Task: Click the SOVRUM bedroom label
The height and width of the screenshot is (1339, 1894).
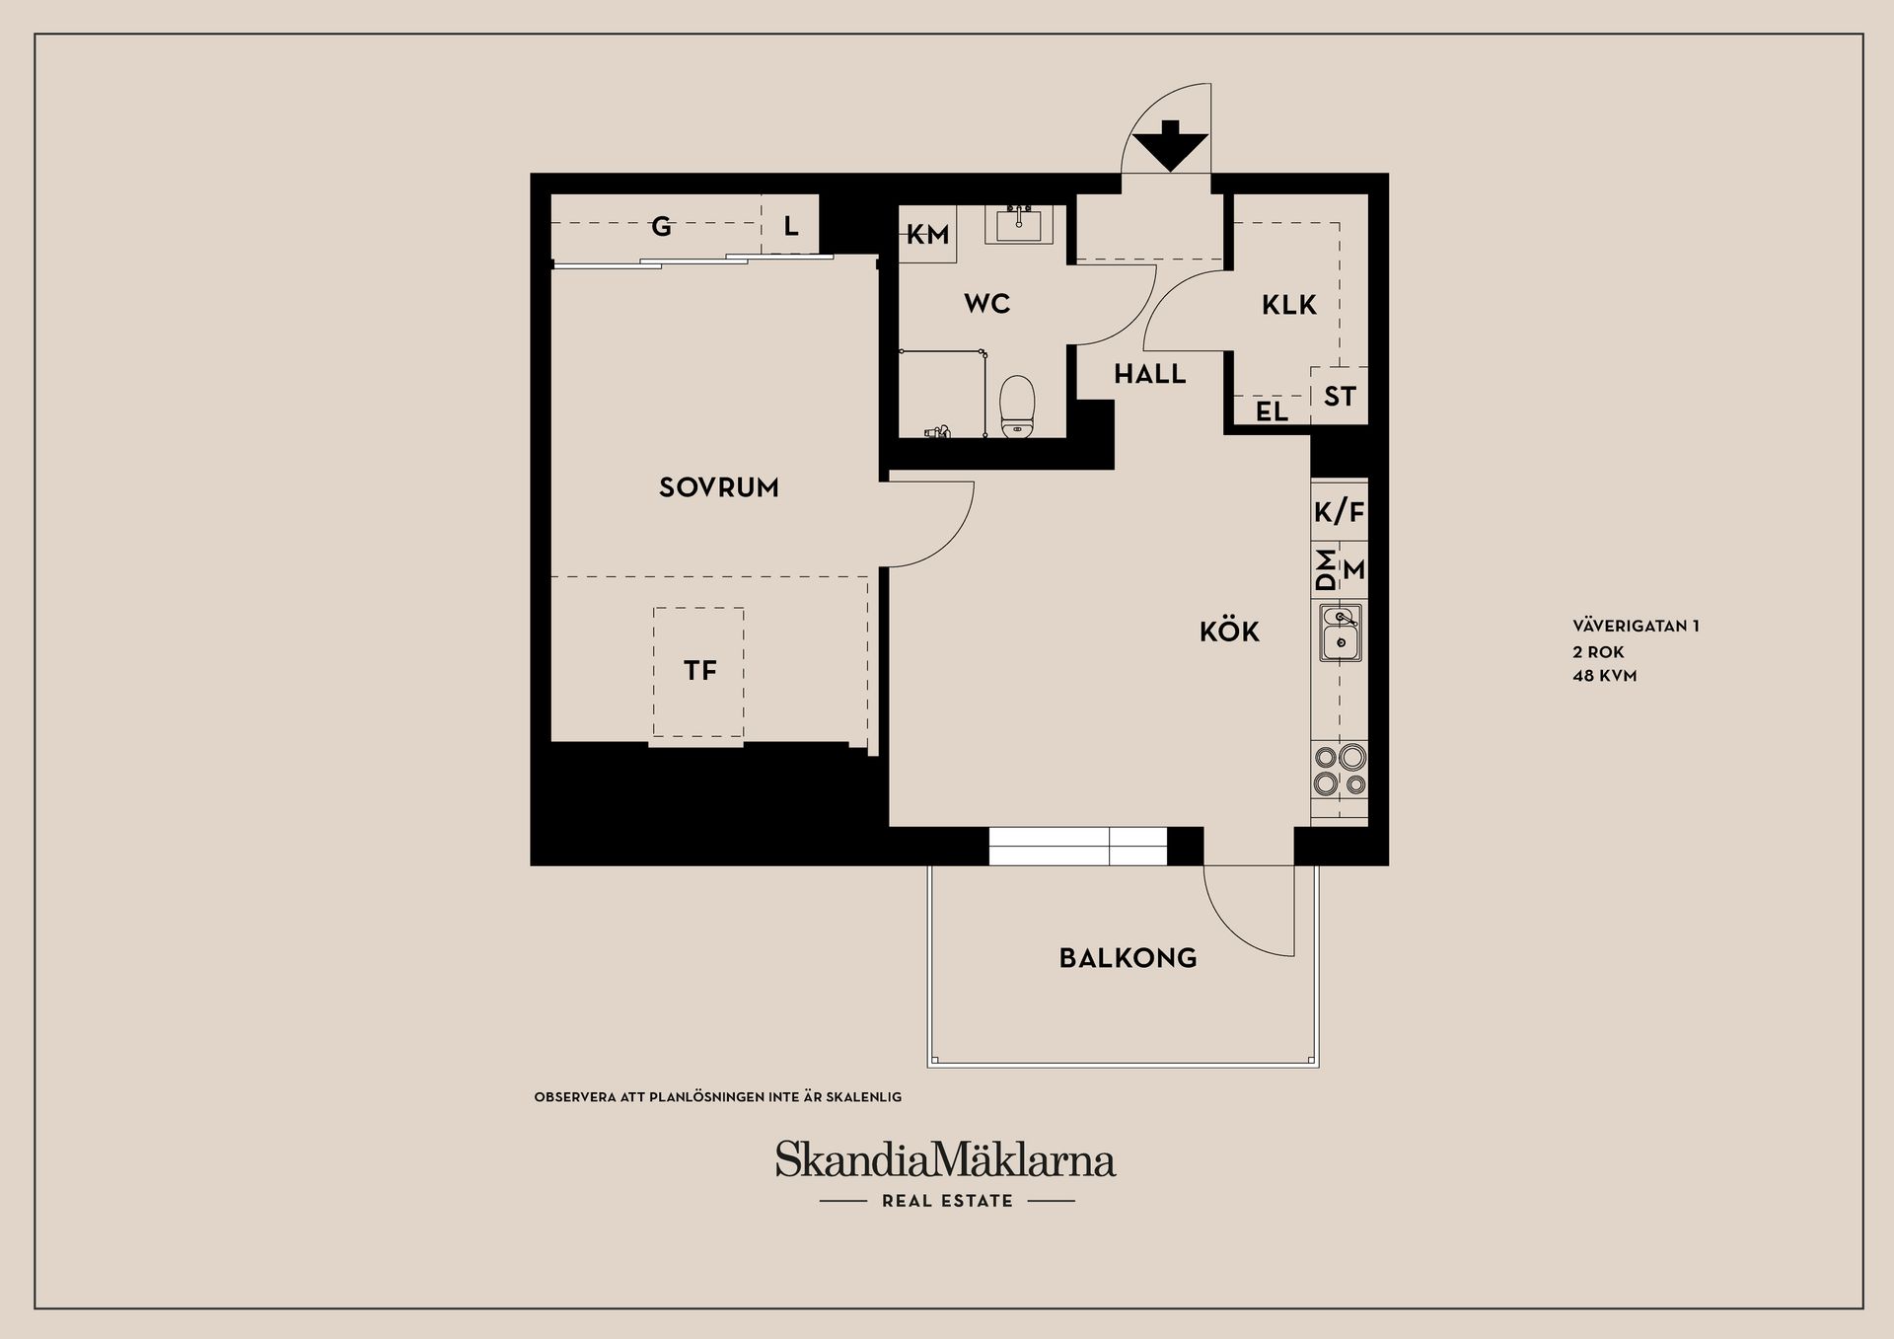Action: (x=719, y=487)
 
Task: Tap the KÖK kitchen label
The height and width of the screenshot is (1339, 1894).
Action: (x=1230, y=632)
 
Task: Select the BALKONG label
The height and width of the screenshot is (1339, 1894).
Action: (x=1129, y=958)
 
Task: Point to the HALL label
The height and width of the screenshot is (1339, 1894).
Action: (x=1150, y=374)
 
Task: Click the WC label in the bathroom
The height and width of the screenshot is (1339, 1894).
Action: (x=987, y=304)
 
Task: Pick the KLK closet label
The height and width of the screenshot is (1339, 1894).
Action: (x=1289, y=305)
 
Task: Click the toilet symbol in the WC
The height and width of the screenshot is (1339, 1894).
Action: (x=1015, y=407)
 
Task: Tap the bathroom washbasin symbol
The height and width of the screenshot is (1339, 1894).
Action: (x=1019, y=224)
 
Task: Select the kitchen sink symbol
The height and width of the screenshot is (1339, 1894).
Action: (x=1341, y=632)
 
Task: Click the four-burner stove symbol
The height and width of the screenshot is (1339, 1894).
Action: (x=1341, y=771)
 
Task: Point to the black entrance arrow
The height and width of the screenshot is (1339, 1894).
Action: (x=1170, y=144)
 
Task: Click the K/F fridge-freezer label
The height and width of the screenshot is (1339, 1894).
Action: (x=1340, y=513)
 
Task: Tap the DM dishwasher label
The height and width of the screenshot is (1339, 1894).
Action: (x=1327, y=570)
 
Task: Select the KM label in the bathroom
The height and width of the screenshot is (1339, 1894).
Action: (x=927, y=235)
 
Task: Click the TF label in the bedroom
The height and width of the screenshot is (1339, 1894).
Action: (x=700, y=672)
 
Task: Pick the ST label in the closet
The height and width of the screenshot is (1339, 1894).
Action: (x=1340, y=397)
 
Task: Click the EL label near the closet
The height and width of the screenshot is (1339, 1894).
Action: (x=1273, y=411)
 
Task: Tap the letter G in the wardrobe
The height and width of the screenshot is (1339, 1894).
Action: (x=662, y=227)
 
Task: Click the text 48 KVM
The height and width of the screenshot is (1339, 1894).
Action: (x=1604, y=677)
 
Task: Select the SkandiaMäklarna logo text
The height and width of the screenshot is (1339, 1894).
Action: (x=945, y=1160)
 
